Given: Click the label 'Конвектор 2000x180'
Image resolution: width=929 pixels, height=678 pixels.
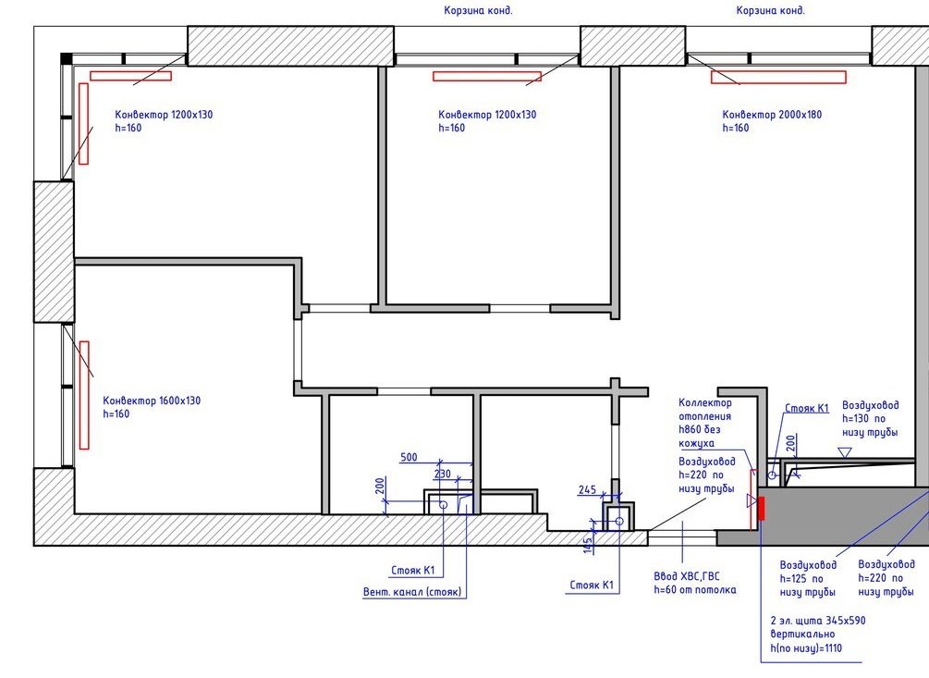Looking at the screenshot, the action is [772, 115].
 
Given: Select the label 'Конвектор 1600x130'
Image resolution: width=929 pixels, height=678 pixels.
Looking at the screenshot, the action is [152, 401].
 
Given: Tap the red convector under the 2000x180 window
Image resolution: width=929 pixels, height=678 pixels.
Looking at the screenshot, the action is [778, 77].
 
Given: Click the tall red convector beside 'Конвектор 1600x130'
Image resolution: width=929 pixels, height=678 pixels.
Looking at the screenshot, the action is [84, 395].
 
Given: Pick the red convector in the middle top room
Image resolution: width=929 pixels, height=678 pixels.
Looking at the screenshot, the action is [487, 77].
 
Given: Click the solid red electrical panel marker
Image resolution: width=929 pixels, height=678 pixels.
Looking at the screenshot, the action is [762, 509].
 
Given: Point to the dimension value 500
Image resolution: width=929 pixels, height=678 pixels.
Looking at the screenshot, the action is [409, 457].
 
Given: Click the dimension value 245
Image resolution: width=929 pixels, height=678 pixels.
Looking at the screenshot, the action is [587, 489].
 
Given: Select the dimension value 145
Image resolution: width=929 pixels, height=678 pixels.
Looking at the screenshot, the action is [588, 545].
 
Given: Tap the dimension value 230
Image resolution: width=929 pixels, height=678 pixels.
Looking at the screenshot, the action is [443, 474].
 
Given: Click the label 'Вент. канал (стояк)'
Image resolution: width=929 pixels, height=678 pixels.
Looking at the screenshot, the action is [412, 591].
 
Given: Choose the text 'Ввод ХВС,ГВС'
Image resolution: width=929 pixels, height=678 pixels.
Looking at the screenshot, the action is [687, 576].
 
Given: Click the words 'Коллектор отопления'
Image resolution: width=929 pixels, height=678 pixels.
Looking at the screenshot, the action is [705, 410].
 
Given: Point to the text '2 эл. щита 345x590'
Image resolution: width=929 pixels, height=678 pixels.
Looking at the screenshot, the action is [818, 621].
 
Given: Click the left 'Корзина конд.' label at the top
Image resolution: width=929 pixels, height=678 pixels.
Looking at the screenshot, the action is [478, 11].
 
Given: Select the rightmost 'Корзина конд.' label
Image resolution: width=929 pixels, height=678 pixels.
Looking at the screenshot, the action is [770, 11].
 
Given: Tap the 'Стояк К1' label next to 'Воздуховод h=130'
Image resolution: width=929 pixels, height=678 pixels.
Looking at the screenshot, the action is [806, 408].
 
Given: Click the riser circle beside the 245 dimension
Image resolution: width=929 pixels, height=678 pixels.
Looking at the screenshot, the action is [619, 521].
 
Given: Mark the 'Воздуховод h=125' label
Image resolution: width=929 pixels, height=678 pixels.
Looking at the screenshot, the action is [808, 572].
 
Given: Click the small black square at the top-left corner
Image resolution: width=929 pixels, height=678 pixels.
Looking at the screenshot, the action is [67, 58].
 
